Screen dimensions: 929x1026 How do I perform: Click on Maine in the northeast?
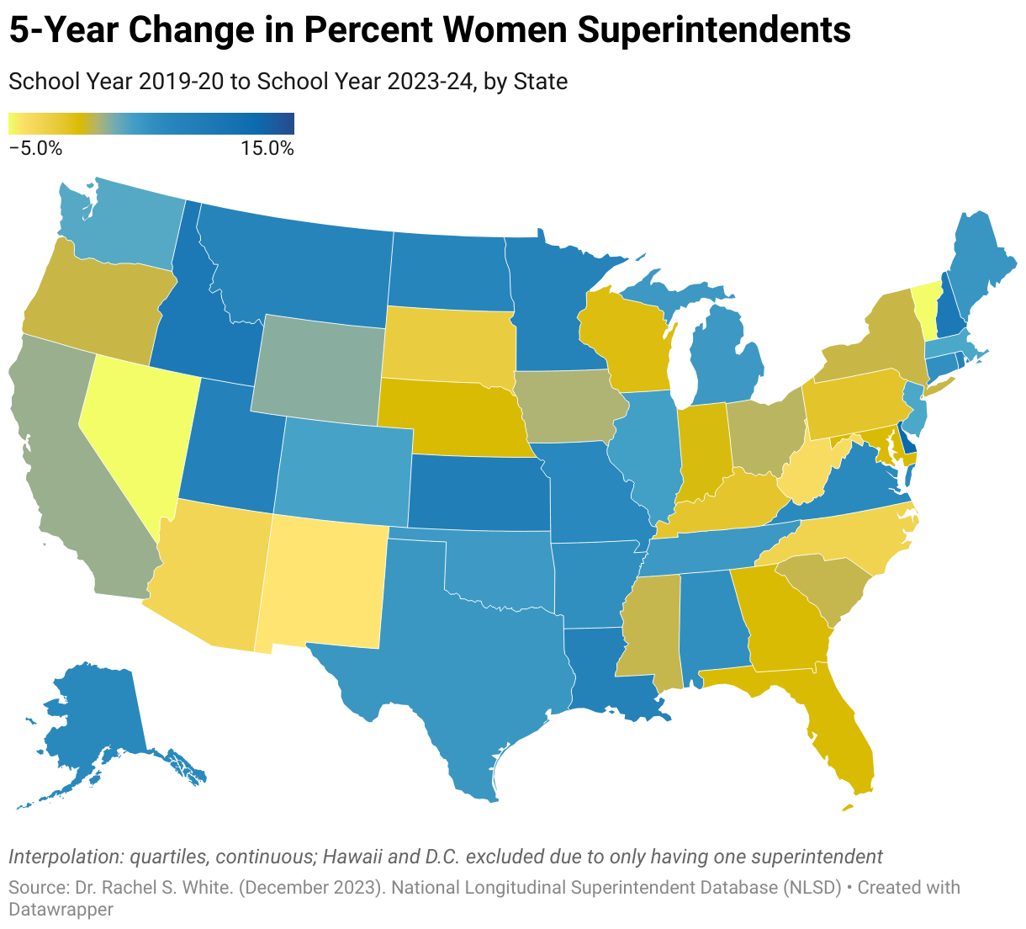click(980, 269)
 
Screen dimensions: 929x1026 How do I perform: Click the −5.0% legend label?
click(35, 149)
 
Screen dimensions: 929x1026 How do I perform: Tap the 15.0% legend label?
click(267, 149)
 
